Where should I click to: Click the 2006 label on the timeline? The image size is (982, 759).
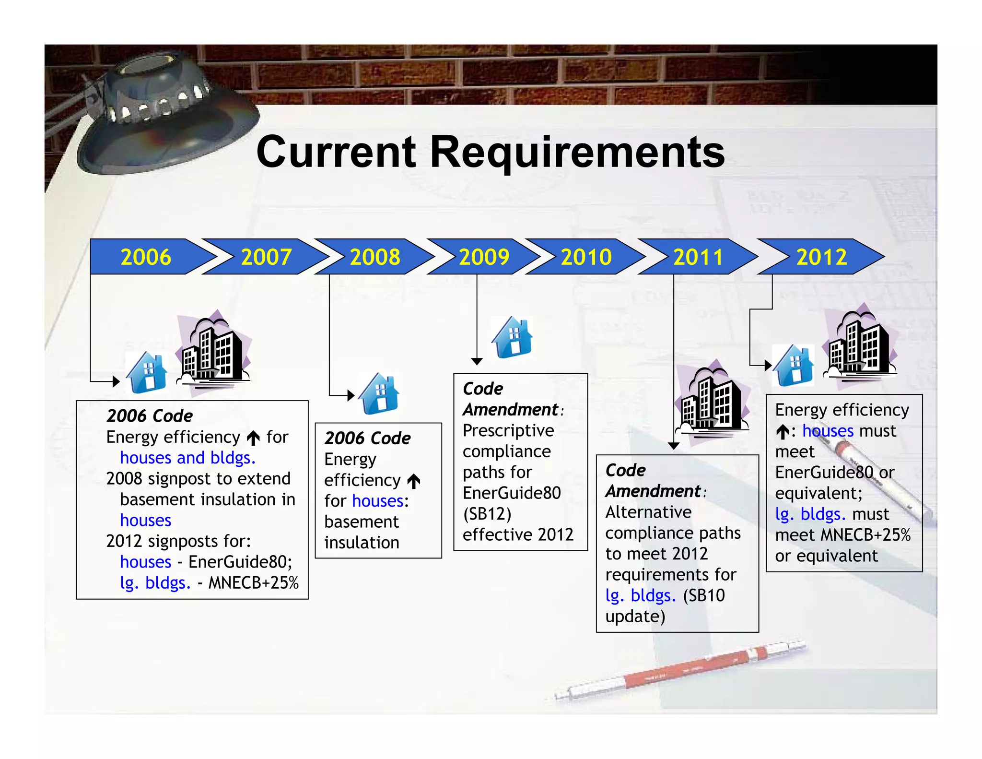pyautogui.click(x=146, y=257)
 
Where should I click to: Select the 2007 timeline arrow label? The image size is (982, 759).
pyautogui.click(x=266, y=257)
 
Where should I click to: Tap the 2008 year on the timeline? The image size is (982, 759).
pyautogui.click(x=375, y=257)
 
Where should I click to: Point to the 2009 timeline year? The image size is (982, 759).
pyautogui.click(x=484, y=257)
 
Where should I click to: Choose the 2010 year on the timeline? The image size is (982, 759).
pyautogui.click(x=586, y=257)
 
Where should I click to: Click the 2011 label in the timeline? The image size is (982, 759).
pyautogui.click(x=698, y=257)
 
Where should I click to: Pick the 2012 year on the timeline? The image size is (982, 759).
pyautogui.click(x=821, y=257)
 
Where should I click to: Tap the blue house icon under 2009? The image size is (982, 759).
pyautogui.click(x=513, y=338)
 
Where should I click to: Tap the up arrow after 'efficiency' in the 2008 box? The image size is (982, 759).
pyautogui.click(x=414, y=481)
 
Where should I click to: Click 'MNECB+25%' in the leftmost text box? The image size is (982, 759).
pyautogui.click(x=253, y=582)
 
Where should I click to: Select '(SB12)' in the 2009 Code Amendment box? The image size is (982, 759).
pyautogui.click(x=487, y=514)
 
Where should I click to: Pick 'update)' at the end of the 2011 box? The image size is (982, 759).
pyautogui.click(x=635, y=617)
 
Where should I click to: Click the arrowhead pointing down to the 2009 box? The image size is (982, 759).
pyautogui.click(x=477, y=361)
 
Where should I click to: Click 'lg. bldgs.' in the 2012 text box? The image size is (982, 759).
pyautogui.click(x=810, y=514)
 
